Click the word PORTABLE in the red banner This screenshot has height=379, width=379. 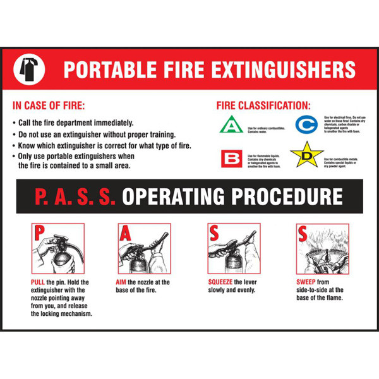(x=105, y=68)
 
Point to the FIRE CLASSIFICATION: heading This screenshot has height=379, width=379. (x=263, y=105)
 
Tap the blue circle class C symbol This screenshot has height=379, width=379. (x=307, y=124)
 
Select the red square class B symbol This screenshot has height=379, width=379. (x=231, y=159)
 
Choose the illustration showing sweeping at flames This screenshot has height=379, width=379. (x=322, y=248)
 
